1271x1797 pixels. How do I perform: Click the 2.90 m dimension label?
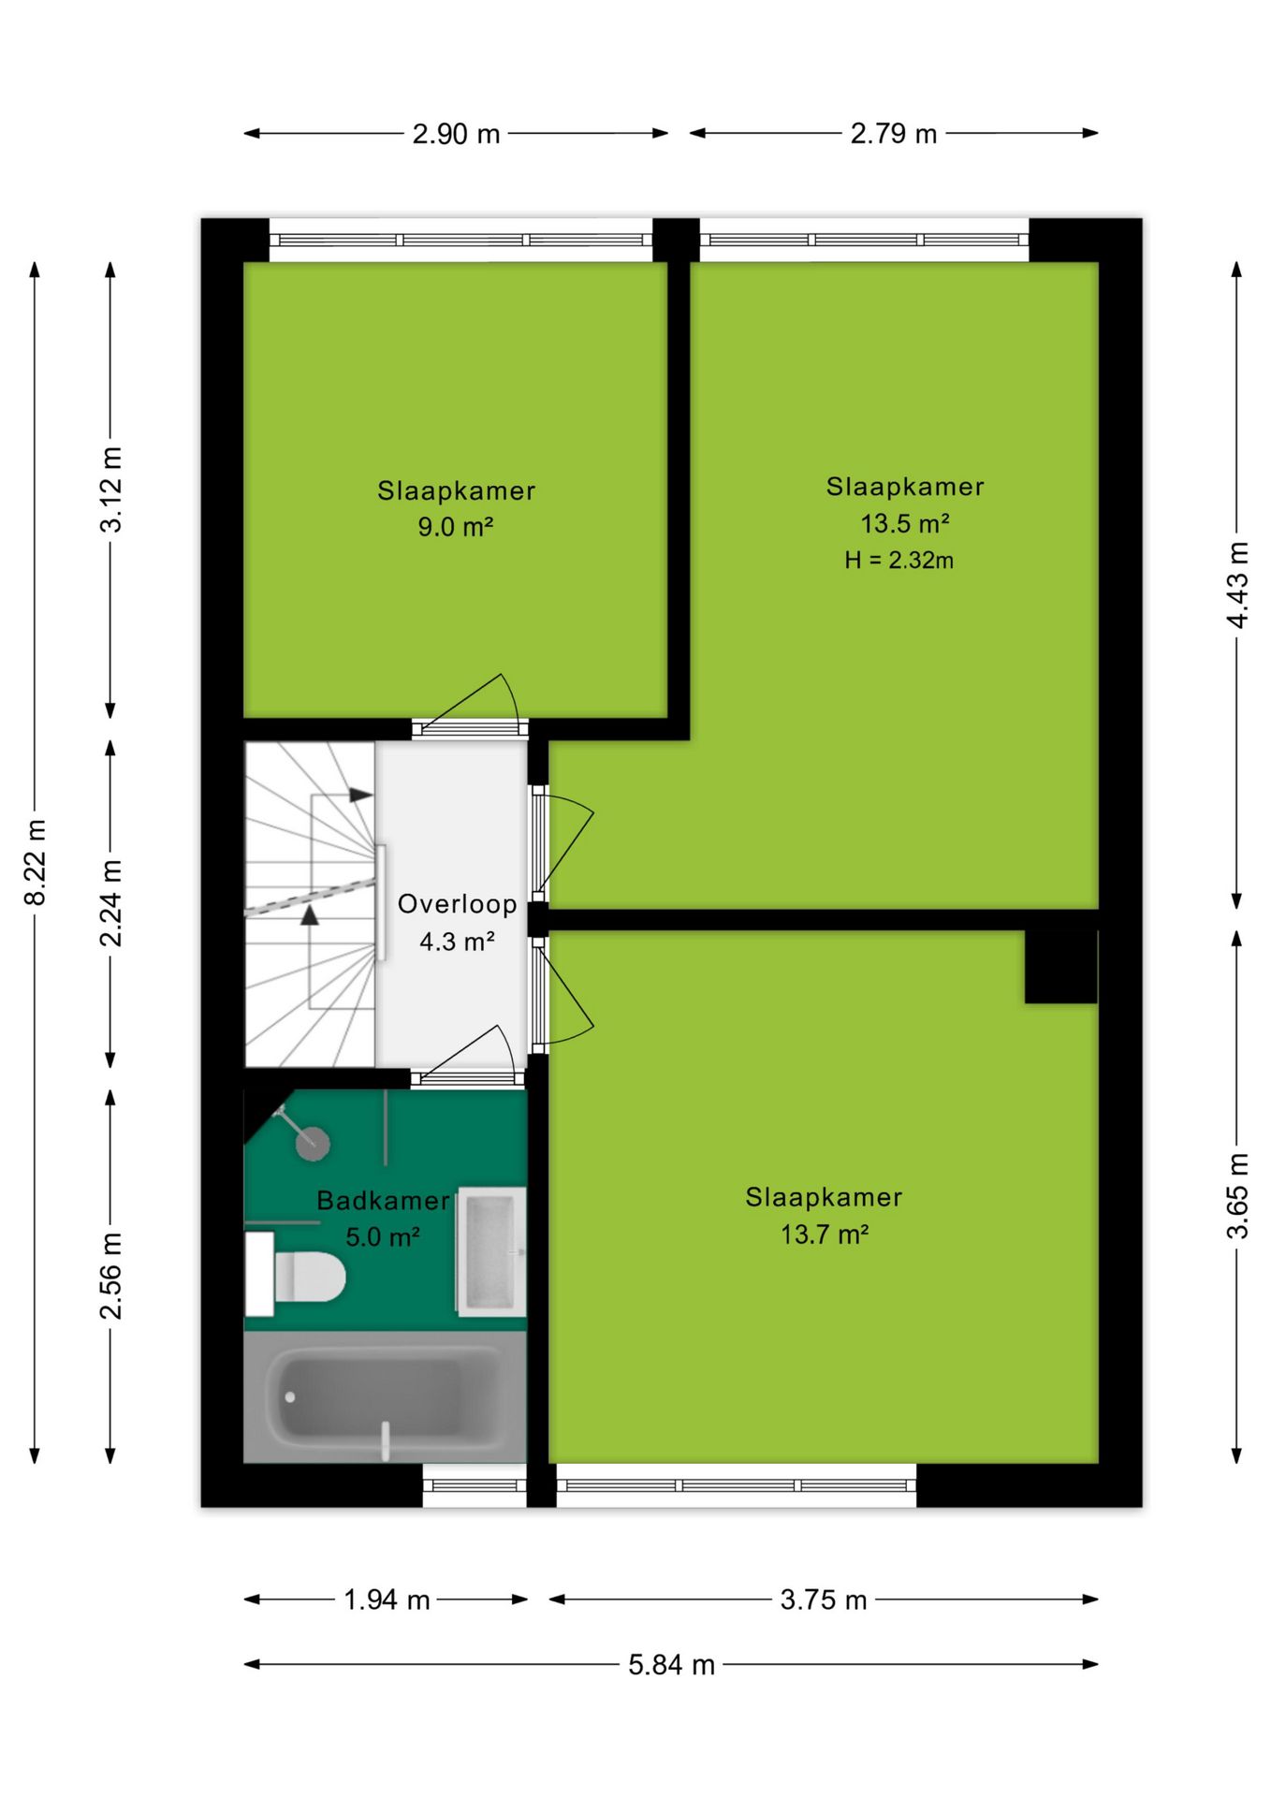[456, 134]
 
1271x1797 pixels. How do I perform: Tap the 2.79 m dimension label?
[893, 134]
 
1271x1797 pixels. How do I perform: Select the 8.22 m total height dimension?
[35, 862]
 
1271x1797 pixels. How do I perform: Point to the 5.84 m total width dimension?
[671, 1664]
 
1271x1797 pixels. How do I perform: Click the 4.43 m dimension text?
[1237, 585]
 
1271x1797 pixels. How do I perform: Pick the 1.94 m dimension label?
[387, 1600]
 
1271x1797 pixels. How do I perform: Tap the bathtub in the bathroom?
[385, 1397]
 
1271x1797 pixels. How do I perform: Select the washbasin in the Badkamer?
[491, 1251]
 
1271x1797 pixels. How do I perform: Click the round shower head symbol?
[313, 1143]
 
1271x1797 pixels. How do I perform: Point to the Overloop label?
[457, 904]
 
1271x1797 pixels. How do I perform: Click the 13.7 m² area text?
[825, 1235]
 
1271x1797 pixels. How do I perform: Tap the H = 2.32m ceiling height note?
[898, 561]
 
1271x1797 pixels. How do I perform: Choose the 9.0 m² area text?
[455, 527]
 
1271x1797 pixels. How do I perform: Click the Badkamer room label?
[383, 1201]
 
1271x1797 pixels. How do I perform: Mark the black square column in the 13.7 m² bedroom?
[1060, 967]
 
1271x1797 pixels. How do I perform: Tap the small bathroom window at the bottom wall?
[475, 1485]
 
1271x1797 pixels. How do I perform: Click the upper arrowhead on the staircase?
[361, 795]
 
